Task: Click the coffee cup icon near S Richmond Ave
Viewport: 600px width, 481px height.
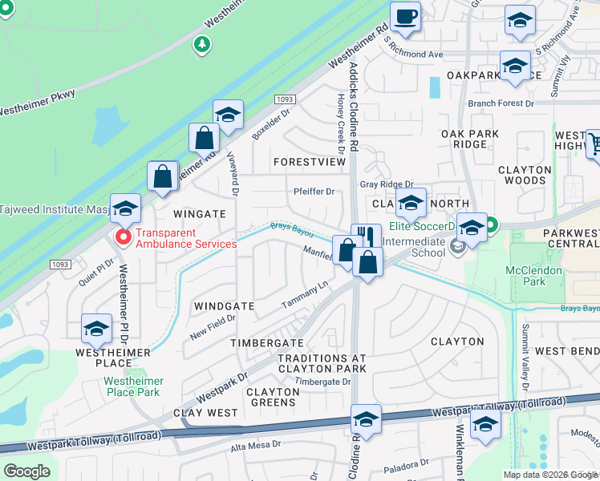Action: (x=405, y=16)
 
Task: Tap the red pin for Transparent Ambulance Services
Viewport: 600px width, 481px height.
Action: (x=124, y=237)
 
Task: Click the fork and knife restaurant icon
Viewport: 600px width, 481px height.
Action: (x=366, y=236)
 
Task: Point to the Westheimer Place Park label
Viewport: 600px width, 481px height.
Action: (x=134, y=386)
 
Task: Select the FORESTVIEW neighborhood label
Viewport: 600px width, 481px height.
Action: (x=309, y=162)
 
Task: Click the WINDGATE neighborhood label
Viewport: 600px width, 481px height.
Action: (x=224, y=306)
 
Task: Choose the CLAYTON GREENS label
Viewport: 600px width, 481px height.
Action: (x=272, y=398)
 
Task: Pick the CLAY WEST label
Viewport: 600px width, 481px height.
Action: (x=205, y=413)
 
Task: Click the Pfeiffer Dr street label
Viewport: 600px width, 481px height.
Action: (x=314, y=192)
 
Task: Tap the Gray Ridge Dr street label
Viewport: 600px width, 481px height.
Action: (x=386, y=184)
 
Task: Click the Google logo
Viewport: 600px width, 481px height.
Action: (x=26, y=471)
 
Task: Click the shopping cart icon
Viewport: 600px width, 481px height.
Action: (x=594, y=145)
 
